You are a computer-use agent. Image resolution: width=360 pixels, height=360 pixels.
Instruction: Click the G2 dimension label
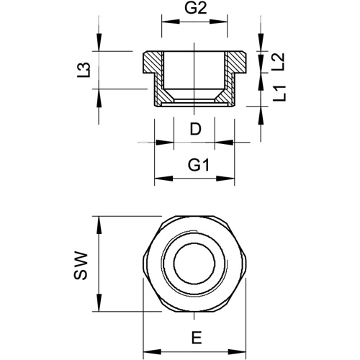195,9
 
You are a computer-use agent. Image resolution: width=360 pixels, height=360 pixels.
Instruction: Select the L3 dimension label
84,70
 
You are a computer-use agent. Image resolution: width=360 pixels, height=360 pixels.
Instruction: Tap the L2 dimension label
278,62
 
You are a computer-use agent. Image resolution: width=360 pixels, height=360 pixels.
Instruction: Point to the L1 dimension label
279,94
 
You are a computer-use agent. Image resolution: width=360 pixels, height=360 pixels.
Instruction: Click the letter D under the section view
196,129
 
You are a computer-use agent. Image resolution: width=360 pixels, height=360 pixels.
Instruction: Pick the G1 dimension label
199,165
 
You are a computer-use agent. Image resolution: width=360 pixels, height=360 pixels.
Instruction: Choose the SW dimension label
81,266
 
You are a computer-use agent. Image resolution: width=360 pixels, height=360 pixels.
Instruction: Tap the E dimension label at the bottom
197,338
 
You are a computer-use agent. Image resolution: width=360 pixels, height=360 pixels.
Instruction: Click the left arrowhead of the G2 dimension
171,22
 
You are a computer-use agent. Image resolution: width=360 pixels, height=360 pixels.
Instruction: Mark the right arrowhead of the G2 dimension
218,22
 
